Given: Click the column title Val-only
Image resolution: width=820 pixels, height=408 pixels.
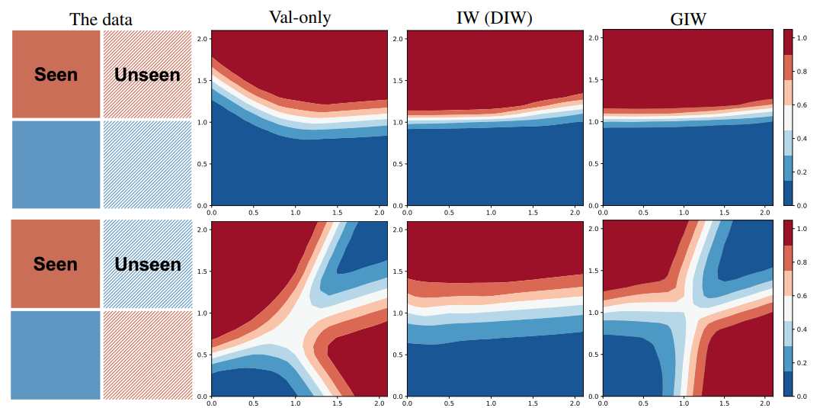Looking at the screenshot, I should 299,17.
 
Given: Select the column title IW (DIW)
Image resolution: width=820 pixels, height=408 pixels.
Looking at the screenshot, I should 495,17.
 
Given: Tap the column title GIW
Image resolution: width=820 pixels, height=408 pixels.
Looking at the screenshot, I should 689,17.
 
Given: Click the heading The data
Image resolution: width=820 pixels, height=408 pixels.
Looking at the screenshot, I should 101,19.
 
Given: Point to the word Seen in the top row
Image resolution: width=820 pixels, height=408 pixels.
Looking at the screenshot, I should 56,74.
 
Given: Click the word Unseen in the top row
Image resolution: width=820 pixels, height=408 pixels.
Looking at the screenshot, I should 146,74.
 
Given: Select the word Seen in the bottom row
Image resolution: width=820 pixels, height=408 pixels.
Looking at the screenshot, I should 56,265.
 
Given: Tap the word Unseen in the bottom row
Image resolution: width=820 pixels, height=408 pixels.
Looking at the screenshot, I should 146,265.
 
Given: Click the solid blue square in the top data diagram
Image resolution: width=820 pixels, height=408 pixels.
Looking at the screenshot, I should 56,164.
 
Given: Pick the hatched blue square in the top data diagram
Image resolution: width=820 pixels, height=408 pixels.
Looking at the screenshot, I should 146,164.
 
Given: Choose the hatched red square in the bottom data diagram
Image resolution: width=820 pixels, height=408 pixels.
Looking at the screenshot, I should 146,354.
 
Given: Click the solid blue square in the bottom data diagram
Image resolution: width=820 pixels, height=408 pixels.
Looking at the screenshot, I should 56,354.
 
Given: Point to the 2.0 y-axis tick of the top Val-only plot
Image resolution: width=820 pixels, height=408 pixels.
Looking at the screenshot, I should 202,38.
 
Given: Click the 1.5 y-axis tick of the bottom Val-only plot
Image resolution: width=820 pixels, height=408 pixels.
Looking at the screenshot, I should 202,271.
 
